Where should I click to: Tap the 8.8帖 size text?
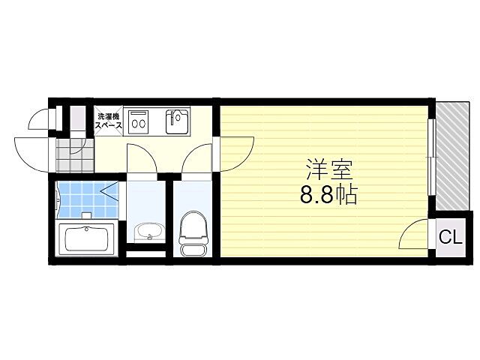coord(328,196)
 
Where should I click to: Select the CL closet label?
coord(450,239)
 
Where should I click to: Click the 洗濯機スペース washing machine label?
coord(109,120)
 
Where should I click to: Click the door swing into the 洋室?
coord(234,154)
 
